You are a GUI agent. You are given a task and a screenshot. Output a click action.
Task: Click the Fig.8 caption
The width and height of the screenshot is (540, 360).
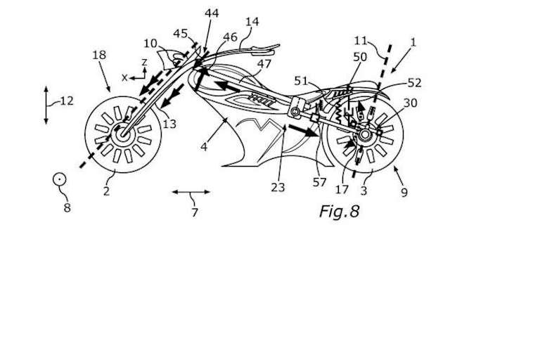(x=339, y=211)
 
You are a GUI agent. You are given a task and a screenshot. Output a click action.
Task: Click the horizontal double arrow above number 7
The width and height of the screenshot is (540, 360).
(x=191, y=191)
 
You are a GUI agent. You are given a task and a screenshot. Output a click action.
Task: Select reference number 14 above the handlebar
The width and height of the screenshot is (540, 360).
(x=252, y=22)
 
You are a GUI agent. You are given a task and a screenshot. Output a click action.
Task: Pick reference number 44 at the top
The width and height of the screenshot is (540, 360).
(x=211, y=13)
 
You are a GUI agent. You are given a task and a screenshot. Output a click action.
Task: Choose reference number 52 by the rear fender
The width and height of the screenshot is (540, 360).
(x=414, y=82)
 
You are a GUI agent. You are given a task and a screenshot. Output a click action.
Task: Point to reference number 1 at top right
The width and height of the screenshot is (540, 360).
(x=413, y=42)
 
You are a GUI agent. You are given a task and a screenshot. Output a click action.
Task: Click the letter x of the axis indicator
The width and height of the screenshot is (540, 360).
(x=124, y=77)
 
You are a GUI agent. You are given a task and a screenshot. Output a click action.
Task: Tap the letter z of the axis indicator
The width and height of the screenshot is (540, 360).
(x=143, y=63)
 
